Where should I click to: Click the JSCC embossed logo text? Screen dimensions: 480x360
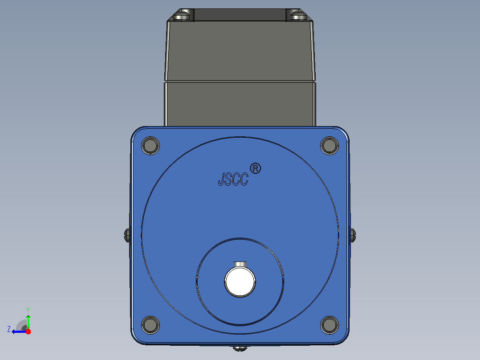tap(233, 179)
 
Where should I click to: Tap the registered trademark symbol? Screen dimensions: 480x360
tap(255, 168)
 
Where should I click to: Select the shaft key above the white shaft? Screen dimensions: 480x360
tap(240, 264)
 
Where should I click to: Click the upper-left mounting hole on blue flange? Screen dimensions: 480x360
tap(151, 146)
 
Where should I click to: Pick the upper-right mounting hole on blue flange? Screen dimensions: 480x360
tap(329, 146)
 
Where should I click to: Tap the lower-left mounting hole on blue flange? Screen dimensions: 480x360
tap(151, 325)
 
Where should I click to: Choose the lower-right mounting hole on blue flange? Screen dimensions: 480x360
tap(329, 325)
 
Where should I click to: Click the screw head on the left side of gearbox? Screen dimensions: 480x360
tap(127, 235)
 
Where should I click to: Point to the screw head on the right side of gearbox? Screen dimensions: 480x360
tap(353, 235)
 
